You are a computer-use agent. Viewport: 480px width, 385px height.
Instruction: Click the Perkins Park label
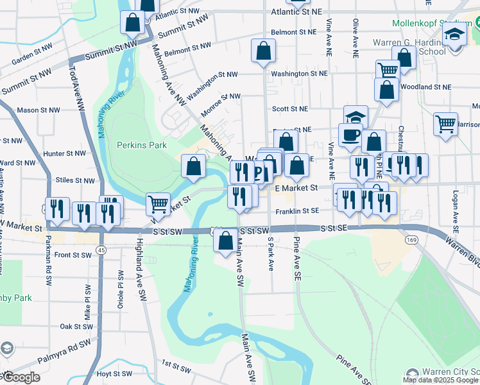(142, 145)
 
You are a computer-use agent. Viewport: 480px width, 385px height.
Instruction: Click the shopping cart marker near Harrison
(445, 124)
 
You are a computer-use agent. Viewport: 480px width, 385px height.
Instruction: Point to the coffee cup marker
(350, 135)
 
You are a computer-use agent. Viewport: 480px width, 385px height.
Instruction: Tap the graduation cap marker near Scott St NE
(356, 117)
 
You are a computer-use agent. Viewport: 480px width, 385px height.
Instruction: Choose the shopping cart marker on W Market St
(158, 204)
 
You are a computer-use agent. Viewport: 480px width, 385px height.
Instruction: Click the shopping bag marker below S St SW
(225, 241)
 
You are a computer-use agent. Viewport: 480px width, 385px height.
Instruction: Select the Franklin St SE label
(297, 211)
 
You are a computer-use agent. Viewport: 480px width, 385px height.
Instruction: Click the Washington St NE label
(298, 74)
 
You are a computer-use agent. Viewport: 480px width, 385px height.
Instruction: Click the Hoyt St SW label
(114, 373)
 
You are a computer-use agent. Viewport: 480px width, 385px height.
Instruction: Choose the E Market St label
(296, 188)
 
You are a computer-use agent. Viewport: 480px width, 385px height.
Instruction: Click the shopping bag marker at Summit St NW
(132, 22)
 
